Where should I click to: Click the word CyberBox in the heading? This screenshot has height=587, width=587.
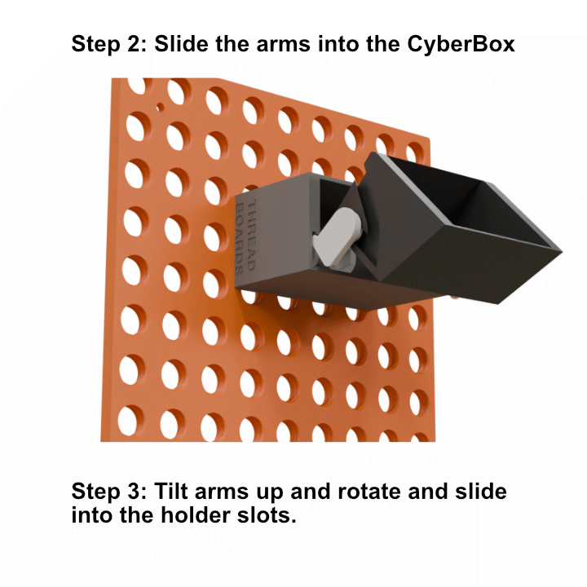coord(461,45)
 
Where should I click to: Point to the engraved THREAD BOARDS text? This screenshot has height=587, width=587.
coord(246,236)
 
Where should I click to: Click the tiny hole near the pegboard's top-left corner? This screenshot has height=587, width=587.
coord(160,108)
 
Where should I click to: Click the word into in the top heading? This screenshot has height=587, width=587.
coord(339,44)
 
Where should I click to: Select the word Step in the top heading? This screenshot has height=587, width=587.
coord(94,45)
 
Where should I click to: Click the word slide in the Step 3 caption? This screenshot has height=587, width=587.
coord(481,491)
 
